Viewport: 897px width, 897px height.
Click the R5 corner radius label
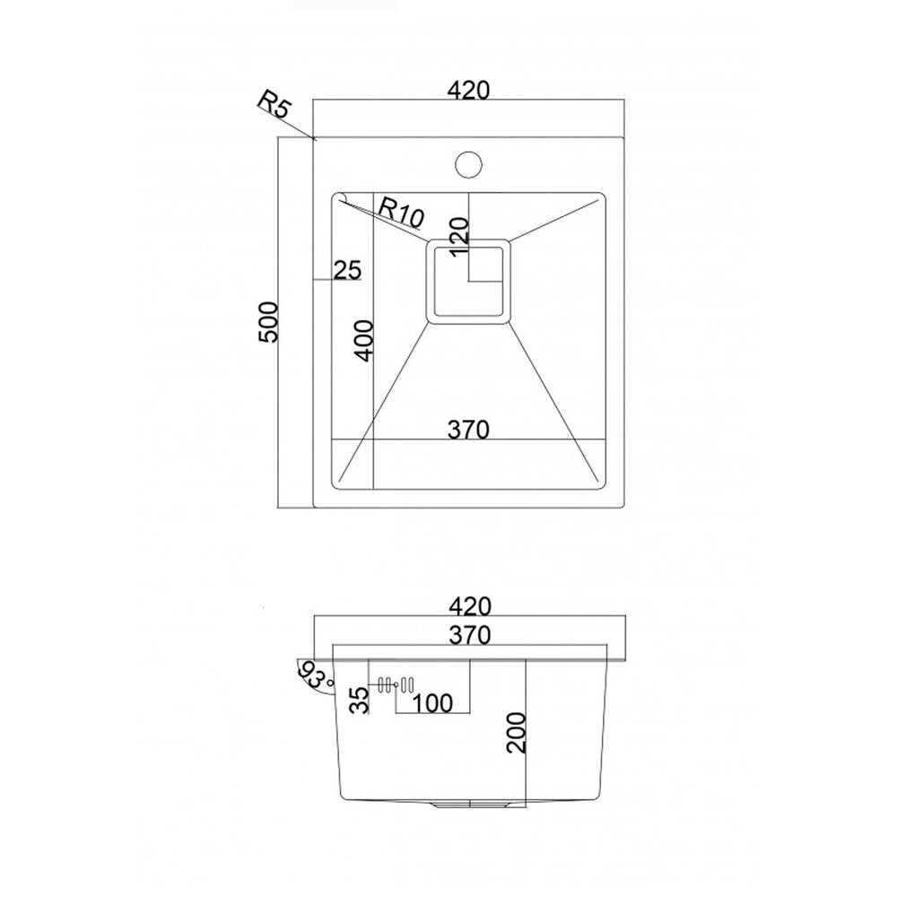pyautogui.click(x=275, y=105)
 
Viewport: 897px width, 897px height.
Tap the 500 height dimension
pyautogui.click(x=267, y=322)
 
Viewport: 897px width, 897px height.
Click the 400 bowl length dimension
pyautogui.click(x=364, y=340)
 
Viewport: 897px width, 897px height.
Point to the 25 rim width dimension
pyautogui.click(x=347, y=270)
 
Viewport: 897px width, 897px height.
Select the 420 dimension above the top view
pyautogui.click(x=468, y=91)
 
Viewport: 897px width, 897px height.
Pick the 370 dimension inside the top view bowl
pyautogui.click(x=468, y=430)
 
